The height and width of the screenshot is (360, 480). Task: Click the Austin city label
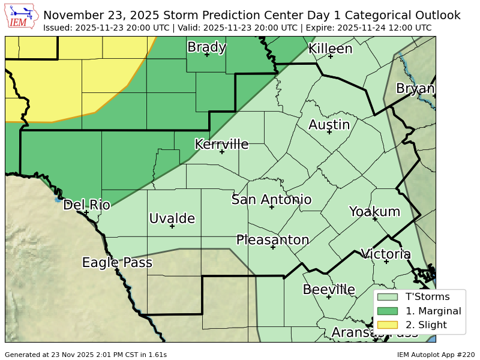(329, 125)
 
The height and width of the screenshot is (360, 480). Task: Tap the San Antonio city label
(271, 200)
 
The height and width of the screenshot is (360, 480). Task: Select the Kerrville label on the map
(221, 144)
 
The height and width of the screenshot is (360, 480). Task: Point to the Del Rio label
(86, 205)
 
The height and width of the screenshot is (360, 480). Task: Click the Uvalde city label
(172, 218)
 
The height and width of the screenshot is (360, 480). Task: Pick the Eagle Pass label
(117, 263)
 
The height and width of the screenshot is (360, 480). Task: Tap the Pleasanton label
(272, 240)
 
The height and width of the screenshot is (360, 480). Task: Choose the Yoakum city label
(374, 212)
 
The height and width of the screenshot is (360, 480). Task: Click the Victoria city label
(386, 254)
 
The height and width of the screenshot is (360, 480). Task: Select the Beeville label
(328, 290)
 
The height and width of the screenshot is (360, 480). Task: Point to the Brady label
(206, 47)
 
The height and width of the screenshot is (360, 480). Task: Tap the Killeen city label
(330, 49)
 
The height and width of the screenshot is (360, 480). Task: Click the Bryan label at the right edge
(415, 89)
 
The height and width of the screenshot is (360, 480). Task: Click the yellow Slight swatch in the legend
(388, 325)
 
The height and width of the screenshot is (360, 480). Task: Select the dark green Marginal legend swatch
(388, 311)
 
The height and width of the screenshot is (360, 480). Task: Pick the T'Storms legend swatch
(388, 296)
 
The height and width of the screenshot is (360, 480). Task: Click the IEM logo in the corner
(23, 16)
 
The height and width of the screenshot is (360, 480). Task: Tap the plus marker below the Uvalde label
(172, 226)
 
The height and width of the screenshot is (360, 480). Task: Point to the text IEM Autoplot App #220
(436, 355)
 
